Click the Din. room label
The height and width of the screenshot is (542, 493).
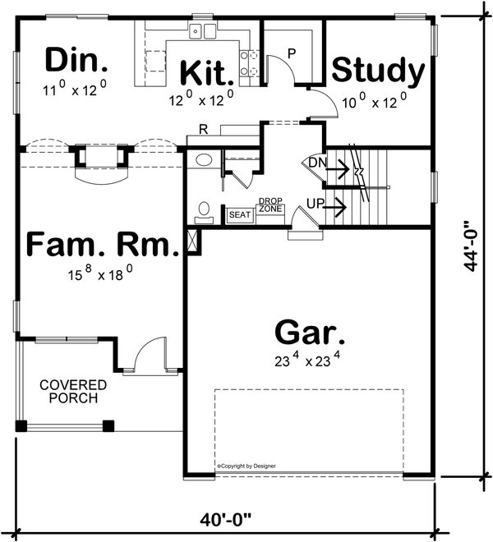point(76,60)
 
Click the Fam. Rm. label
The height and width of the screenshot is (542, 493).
point(103,245)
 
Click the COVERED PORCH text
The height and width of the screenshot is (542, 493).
point(73,392)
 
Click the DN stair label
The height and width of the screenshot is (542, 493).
point(318,163)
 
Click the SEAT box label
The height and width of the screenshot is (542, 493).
point(239,214)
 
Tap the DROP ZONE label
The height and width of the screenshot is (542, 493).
point(270,205)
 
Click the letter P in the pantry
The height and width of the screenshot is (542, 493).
point(291,53)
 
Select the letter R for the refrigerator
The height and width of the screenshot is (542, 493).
point(202,129)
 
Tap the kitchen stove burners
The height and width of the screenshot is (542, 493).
point(248,64)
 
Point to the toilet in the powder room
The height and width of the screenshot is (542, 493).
point(204,212)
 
